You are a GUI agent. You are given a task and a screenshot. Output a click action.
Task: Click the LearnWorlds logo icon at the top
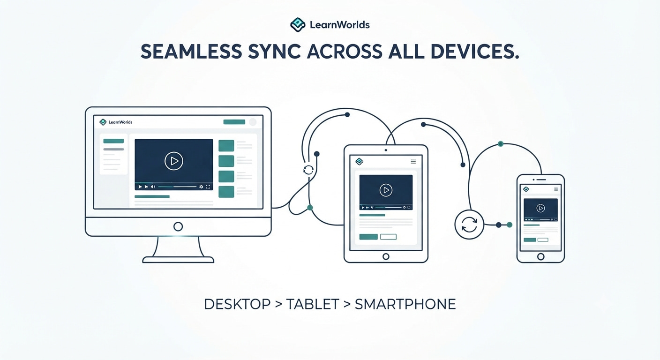[298, 24]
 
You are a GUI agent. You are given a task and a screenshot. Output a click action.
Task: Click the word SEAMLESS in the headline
[191, 52]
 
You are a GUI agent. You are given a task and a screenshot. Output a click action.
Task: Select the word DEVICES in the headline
[475, 52]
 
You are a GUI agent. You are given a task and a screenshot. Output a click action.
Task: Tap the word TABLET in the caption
[313, 304]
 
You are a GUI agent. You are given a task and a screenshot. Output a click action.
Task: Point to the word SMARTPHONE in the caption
[405, 304]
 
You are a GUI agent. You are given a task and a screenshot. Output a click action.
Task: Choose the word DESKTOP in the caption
[237, 304]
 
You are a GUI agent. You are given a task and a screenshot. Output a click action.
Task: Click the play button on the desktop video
[174, 161]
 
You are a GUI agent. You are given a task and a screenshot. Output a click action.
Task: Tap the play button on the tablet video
[386, 190]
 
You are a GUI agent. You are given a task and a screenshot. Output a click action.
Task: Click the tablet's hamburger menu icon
[413, 161]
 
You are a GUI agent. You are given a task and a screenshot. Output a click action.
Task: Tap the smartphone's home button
[540, 256]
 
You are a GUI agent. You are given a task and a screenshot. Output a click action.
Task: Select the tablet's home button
[386, 256]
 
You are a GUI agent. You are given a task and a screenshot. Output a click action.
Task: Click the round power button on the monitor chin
[178, 226]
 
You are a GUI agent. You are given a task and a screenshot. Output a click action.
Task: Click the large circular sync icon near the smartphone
[469, 225]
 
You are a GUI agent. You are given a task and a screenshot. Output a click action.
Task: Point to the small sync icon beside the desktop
[308, 170]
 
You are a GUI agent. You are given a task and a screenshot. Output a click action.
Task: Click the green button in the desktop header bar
[234, 122]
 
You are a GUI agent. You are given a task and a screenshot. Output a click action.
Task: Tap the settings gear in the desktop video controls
[201, 187]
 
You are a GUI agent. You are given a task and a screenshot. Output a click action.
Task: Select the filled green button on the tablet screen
[368, 237]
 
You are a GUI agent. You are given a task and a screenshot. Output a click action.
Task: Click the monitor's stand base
[178, 260]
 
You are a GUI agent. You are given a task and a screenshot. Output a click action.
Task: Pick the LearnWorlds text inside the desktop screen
[120, 122]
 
